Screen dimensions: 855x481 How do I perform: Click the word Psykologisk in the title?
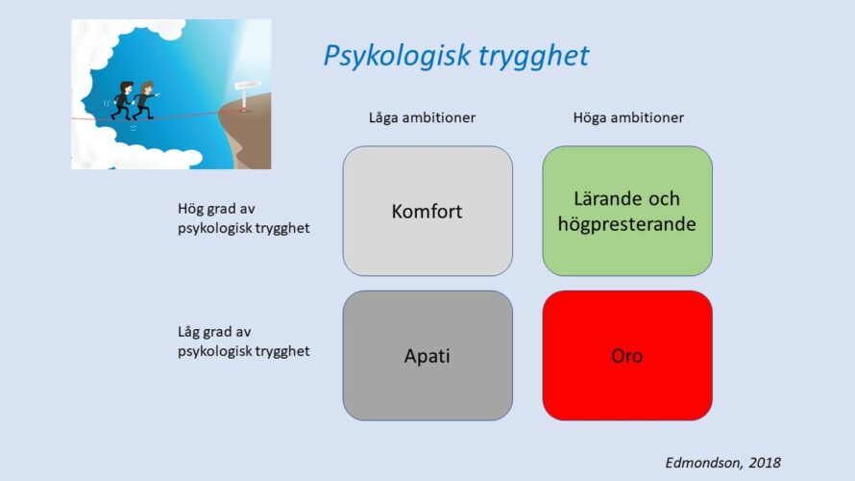(x=398, y=56)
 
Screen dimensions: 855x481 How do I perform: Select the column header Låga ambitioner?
(x=422, y=118)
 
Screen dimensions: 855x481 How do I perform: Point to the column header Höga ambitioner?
(x=628, y=118)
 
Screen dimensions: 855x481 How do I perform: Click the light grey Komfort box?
(x=427, y=211)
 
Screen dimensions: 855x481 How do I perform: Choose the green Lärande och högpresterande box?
(x=627, y=211)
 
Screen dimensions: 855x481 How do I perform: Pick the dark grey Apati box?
(x=427, y=355)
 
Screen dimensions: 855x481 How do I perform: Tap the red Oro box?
(x=627, y=355)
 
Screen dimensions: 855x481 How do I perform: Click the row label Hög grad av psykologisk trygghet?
(x=244, y=218)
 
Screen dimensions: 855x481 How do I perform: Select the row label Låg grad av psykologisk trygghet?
(x=244, y=342)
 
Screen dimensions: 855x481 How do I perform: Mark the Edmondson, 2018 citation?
(x=723, y=463)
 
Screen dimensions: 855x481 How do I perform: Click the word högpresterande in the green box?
(x=627, y=224)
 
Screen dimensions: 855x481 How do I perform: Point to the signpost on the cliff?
(x=246, y=94)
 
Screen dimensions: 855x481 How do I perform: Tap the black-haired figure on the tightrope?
(x=123, y=101)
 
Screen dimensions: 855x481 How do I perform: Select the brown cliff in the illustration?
(x=248, y=134)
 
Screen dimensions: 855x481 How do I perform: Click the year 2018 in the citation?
(x=765, y=463)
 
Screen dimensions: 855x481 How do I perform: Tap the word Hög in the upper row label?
(x=188, y=209)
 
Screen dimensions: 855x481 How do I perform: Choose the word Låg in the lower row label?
(x=188, y=332)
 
